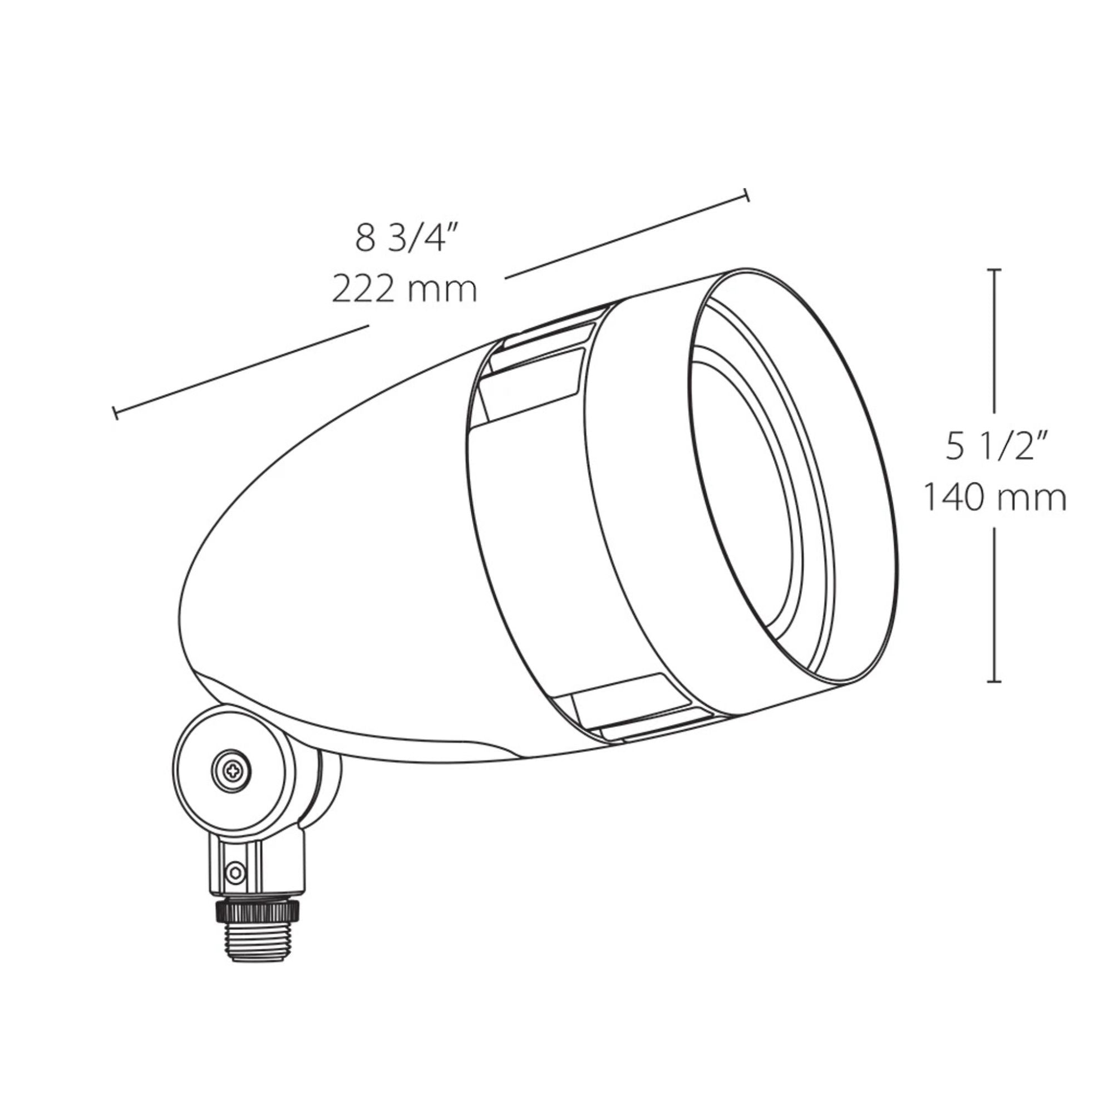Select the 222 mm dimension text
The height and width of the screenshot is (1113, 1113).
pos(405,289)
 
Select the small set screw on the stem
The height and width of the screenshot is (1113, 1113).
pos(235,872)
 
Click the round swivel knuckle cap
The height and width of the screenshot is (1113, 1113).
pos(230,769)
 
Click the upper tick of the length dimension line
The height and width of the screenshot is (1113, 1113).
pos(747,196)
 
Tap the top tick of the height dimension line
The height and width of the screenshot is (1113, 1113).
pos(993,269)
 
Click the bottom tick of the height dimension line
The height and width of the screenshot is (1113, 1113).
pos(993,682)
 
